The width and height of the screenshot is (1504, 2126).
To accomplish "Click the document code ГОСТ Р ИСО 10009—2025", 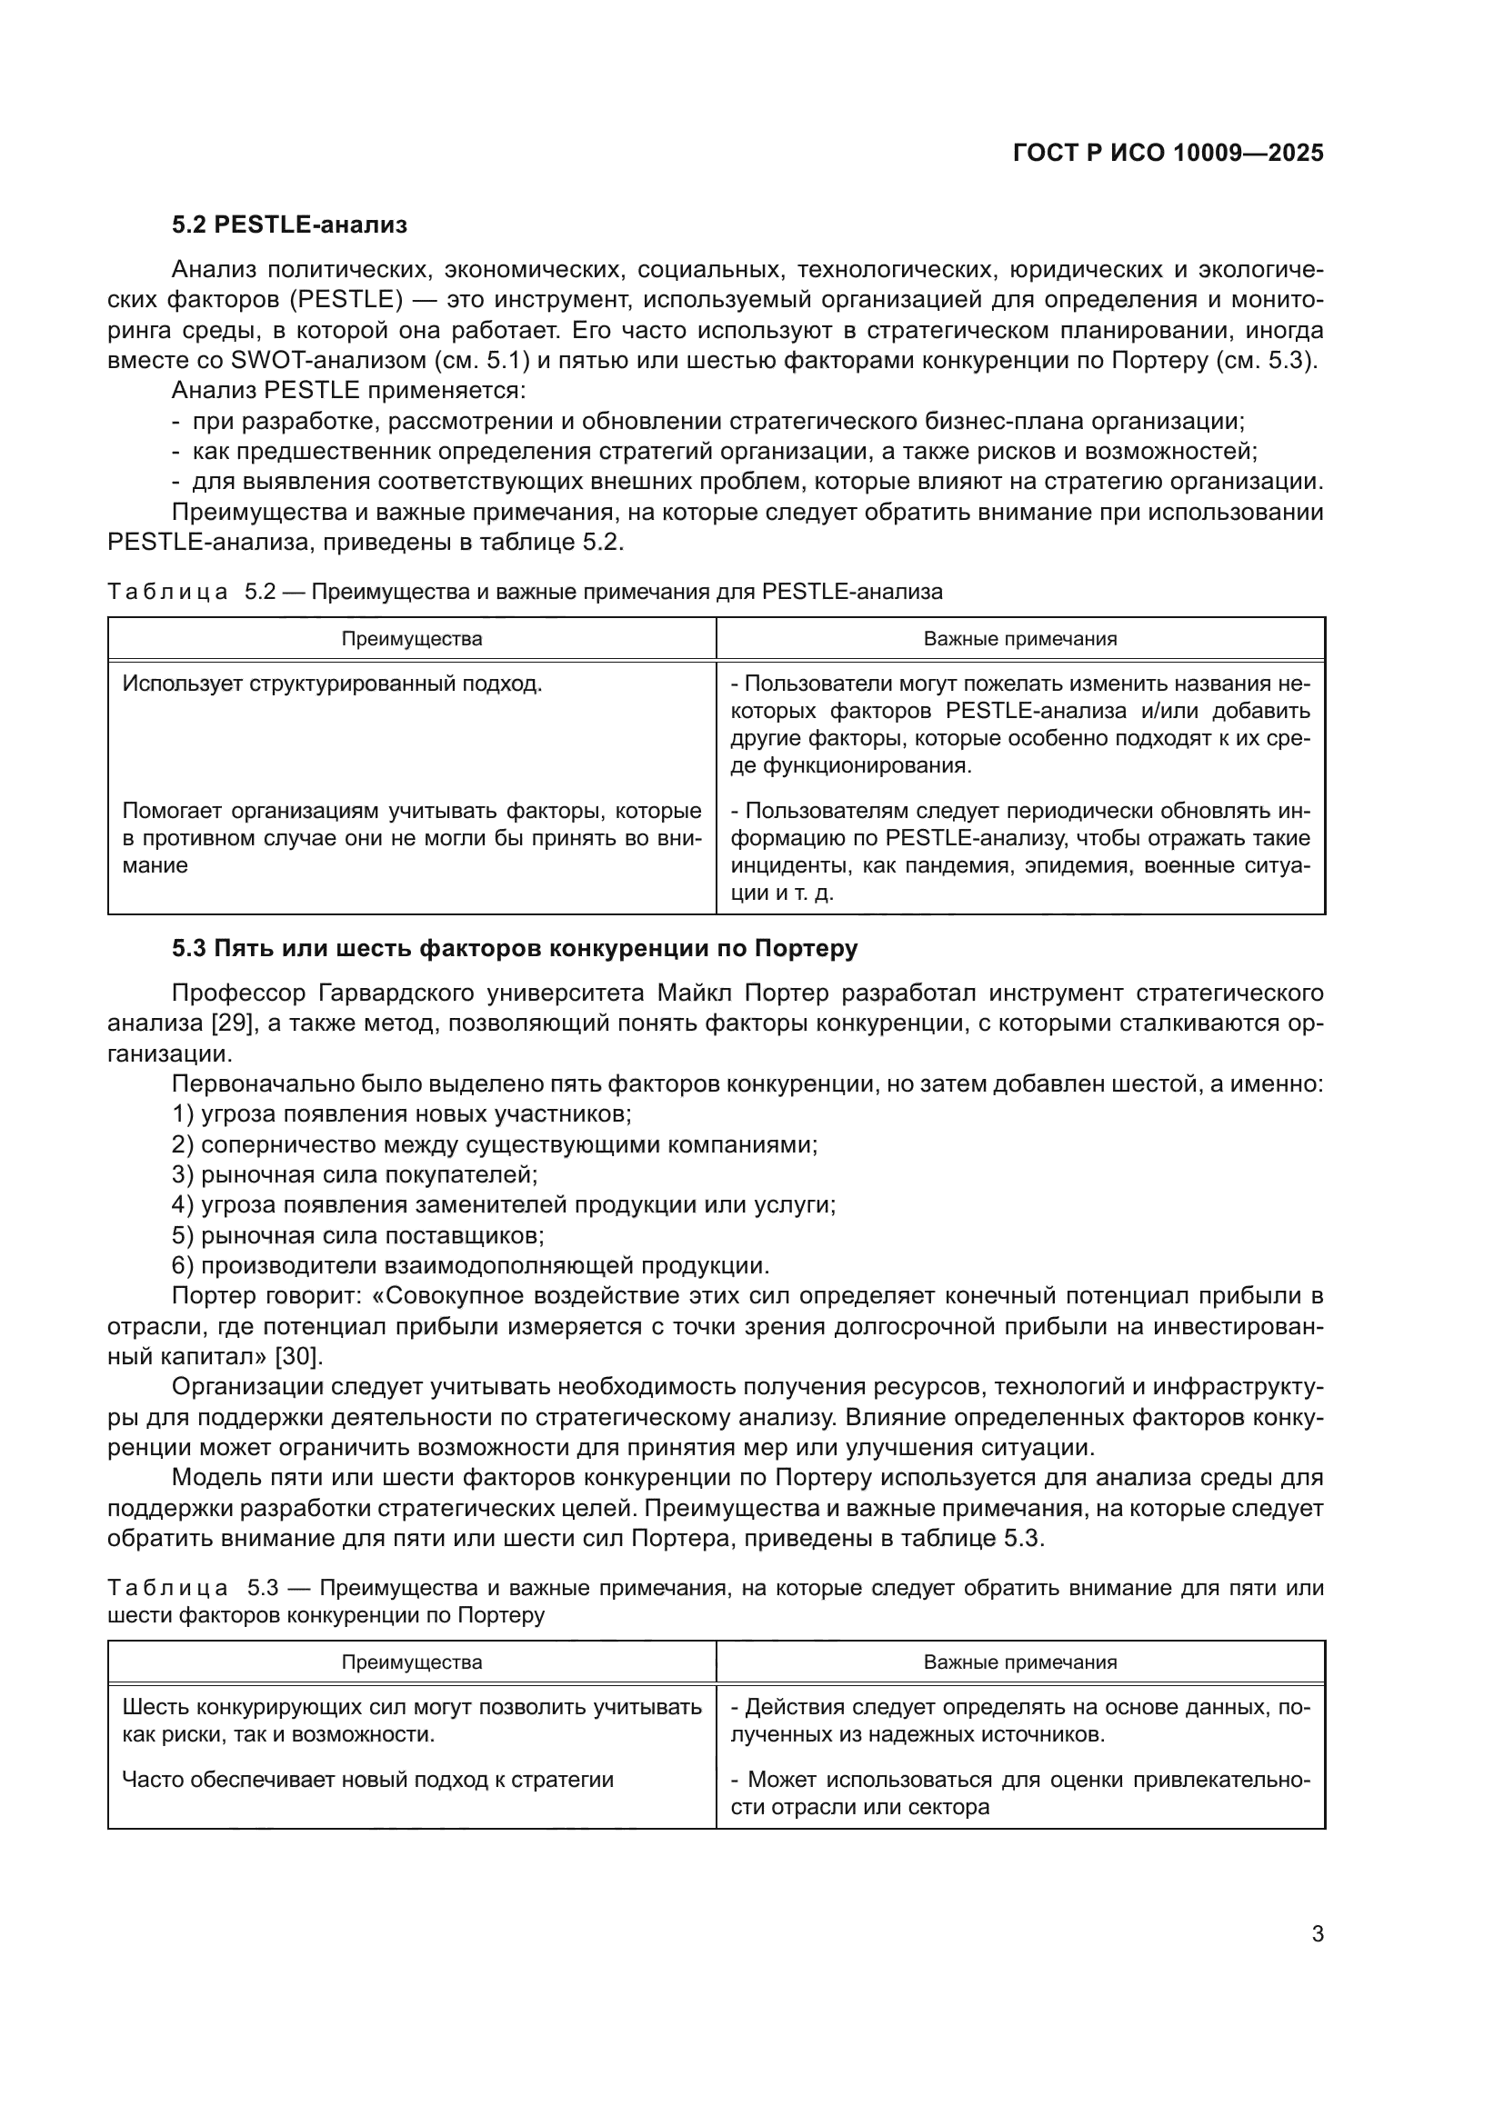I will click(1168, 153).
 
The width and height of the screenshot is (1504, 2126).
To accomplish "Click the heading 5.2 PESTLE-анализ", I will click(289, 225).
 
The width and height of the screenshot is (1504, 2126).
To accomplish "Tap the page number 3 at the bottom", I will click(1317, 1933).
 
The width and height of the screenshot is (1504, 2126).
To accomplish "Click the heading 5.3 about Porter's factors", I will click(514, 948).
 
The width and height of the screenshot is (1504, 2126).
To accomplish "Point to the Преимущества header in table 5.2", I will click(411, 639).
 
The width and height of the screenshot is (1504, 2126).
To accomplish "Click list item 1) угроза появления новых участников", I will click(402, 1114).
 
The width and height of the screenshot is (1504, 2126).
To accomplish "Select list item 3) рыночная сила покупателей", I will click(355, 1175).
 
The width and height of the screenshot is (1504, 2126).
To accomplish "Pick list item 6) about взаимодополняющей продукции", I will click(470, 1266).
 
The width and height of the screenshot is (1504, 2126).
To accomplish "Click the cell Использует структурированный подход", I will click(332, 684).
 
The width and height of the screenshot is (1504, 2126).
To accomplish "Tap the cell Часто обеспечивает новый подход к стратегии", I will click(367, 1780).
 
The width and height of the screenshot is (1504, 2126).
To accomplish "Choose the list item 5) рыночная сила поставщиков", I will click(357, 1235).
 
